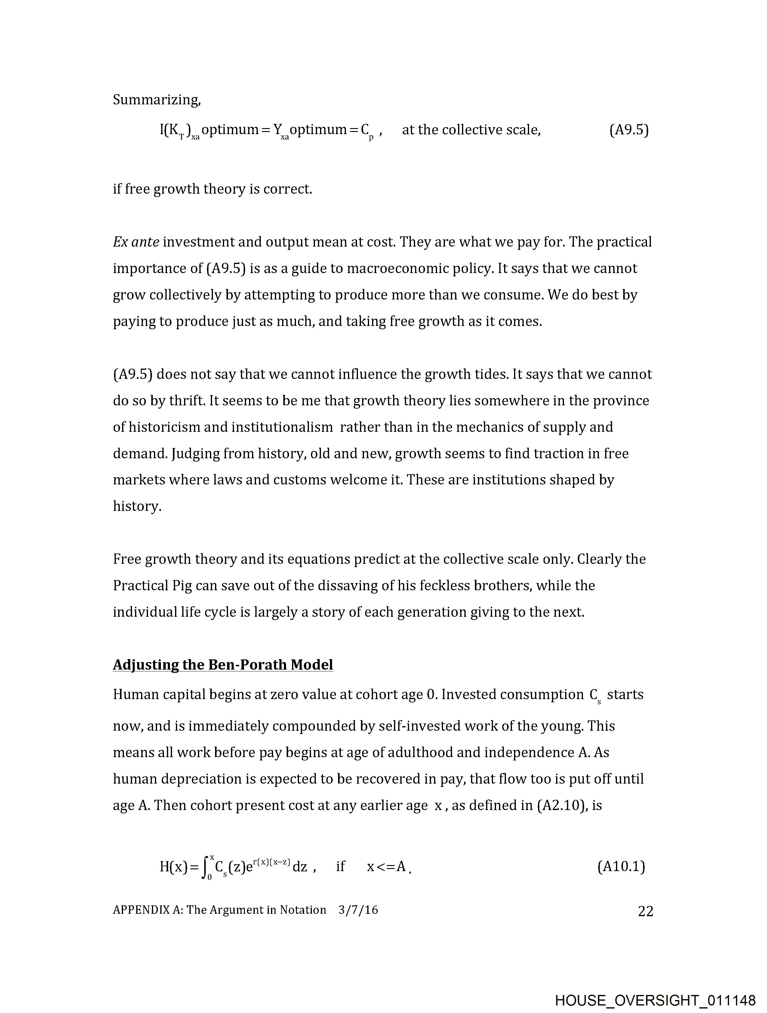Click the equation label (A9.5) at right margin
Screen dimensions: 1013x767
click(x=629, y=130)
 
